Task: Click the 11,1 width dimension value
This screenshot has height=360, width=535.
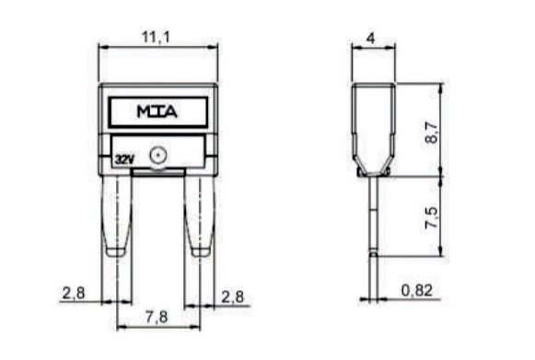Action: [x=156, y=37]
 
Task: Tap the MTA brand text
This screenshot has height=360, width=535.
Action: [x=157, y=111]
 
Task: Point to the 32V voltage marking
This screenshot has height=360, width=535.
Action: [x=125, y=159]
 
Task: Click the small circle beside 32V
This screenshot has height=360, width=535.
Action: [x=158, y=156]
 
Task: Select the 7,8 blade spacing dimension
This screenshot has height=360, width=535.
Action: [x=157, y=317]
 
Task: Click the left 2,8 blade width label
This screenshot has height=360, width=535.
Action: [x=74, y=293]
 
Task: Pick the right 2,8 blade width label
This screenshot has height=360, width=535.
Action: [x=233, y=296]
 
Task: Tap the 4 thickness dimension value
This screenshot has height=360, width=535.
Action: [x=370, y=38]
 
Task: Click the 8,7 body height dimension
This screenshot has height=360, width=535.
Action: [x=432, y=133]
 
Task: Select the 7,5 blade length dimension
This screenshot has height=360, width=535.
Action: [x=431, y=217]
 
